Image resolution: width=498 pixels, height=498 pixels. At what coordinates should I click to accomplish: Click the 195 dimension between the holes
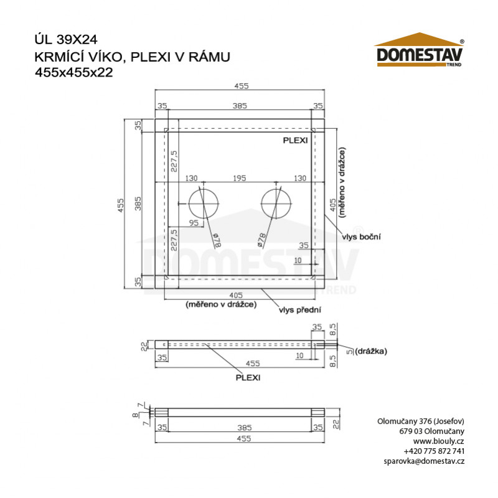click(x=240, y=178)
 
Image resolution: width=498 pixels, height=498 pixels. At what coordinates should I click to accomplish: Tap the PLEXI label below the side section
click(x=247, y=377)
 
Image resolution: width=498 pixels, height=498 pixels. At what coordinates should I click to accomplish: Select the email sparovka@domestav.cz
click(x=425, y=461)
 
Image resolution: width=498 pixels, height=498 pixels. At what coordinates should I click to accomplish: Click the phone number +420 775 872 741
click(x=434, y=451)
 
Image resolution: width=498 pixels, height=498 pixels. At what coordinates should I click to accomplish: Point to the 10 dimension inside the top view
click(x=298, y=260)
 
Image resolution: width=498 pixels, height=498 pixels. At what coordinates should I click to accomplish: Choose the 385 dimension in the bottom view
click(x=240, y=428)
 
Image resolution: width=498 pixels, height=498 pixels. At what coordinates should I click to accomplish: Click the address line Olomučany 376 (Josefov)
click(x=421, y=421)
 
